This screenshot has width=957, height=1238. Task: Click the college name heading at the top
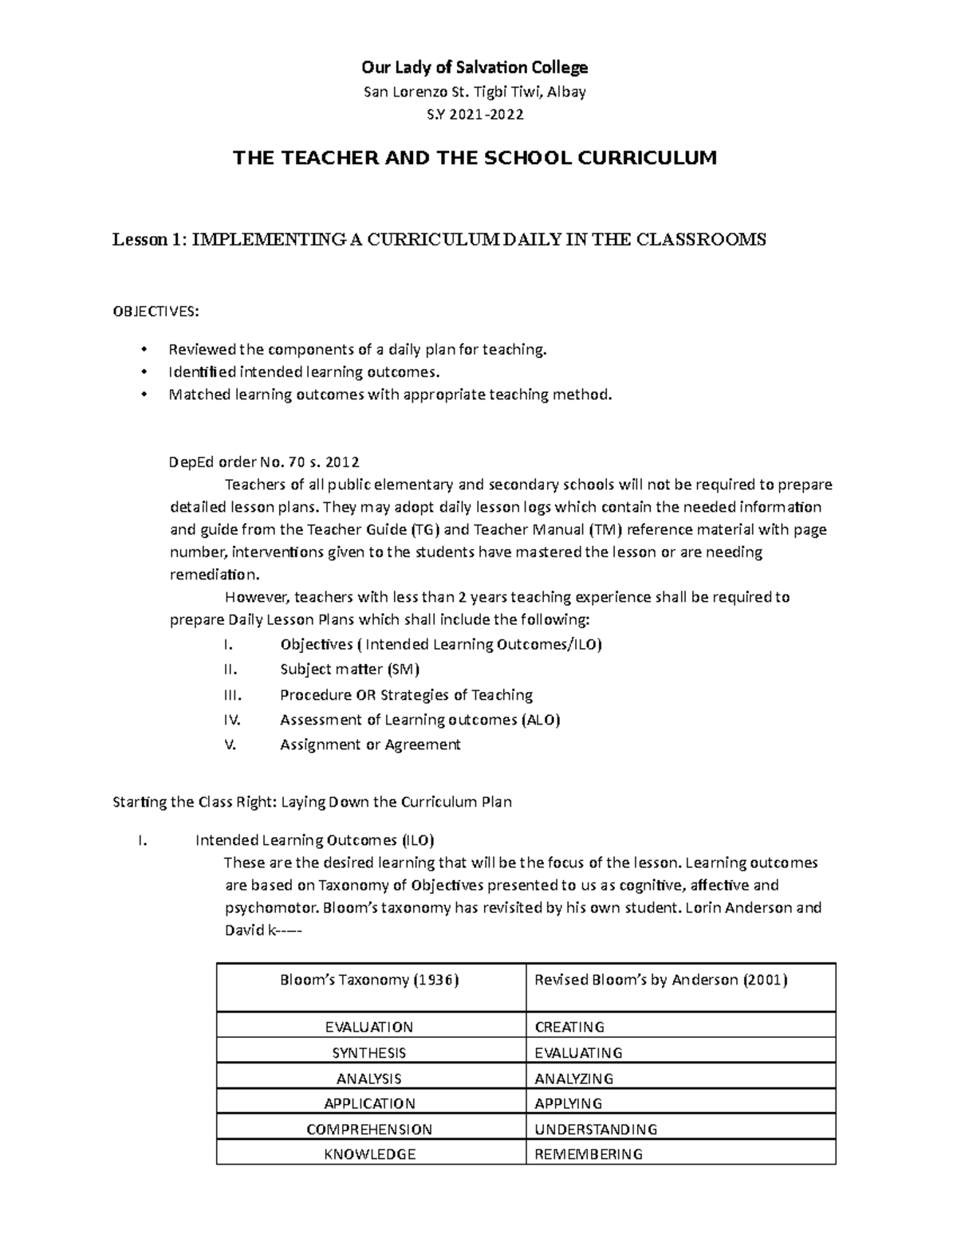(475, 67)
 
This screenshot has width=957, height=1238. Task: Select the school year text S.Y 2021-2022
(475, 114)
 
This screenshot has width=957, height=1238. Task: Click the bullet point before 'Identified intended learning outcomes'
(144, 372)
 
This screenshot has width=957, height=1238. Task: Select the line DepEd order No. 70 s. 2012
(264, 462)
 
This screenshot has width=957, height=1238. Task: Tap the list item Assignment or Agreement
(370, 745)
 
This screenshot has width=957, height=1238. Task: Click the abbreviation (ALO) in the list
(541, 720)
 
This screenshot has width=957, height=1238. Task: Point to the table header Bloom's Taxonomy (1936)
(370, 980)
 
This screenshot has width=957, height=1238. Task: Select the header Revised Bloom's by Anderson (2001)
(661, 980)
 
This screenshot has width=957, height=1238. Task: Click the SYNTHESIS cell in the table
(369, 1053)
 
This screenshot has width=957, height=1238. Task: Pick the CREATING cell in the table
(569, 1027)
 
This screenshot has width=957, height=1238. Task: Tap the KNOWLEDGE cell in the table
(369, 1154)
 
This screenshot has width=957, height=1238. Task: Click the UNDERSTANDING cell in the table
(596, 1129)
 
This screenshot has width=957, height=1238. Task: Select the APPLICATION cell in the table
(369, 1104)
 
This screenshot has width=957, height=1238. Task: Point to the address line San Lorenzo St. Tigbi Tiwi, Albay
(475, 92)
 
